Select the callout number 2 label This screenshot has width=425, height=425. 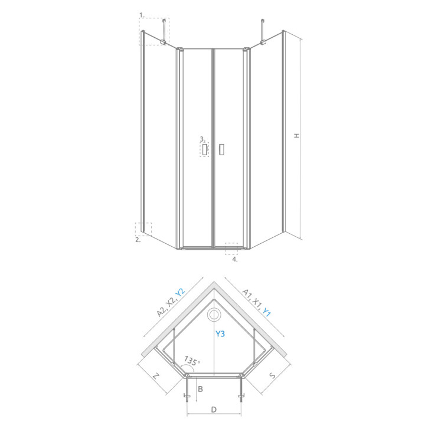(137, 240)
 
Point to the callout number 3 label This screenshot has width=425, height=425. (201, 139)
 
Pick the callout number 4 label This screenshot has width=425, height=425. (234, 259)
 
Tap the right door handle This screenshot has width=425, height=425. (222, 149)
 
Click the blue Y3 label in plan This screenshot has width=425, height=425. (220, 334)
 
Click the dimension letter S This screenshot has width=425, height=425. (272, 375)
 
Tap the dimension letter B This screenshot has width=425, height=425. (201, 388)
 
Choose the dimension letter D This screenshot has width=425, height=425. (214, 408)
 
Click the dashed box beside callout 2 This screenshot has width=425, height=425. (143, 229)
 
